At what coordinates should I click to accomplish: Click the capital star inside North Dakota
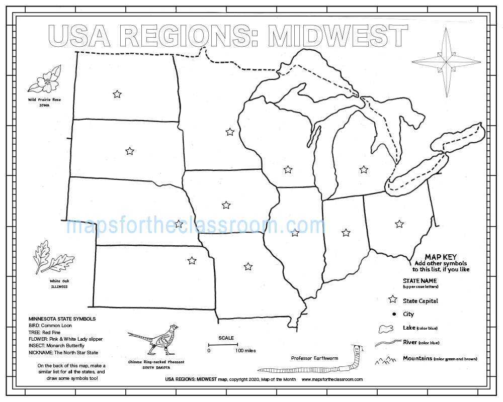pyautogui.click(x=117, y=94)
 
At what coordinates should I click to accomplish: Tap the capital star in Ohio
pyautogui.click(x=399, y=224)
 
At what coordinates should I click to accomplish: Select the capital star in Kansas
pyautogui.click(x=192, y=260)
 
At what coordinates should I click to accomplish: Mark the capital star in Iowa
pyautogui.click(x=226, y=205)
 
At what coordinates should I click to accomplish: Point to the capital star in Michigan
pyautogui.click(x=364, y=169)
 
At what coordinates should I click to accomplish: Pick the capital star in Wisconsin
pyautogui.click(x=288, y=169)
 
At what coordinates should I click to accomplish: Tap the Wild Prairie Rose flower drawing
pyautogui.click(x=45, y=80)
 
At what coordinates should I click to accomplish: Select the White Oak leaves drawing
pyautogui.click(x=51, y=259)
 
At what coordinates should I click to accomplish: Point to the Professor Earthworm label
pyautogui.click(x=314, y=358)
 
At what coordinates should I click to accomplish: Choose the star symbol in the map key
pyautogui.click(x=393, y=300)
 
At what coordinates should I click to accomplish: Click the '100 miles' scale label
pyautogui.click(x=246, y=351)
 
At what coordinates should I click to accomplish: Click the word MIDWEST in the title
pyautogui.click(x=338, y=36)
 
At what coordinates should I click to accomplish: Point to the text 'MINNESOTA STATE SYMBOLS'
pyautogui.click(x=62, y=319)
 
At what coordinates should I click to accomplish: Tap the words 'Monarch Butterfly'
pyautogui.click(x=65, y=346)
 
